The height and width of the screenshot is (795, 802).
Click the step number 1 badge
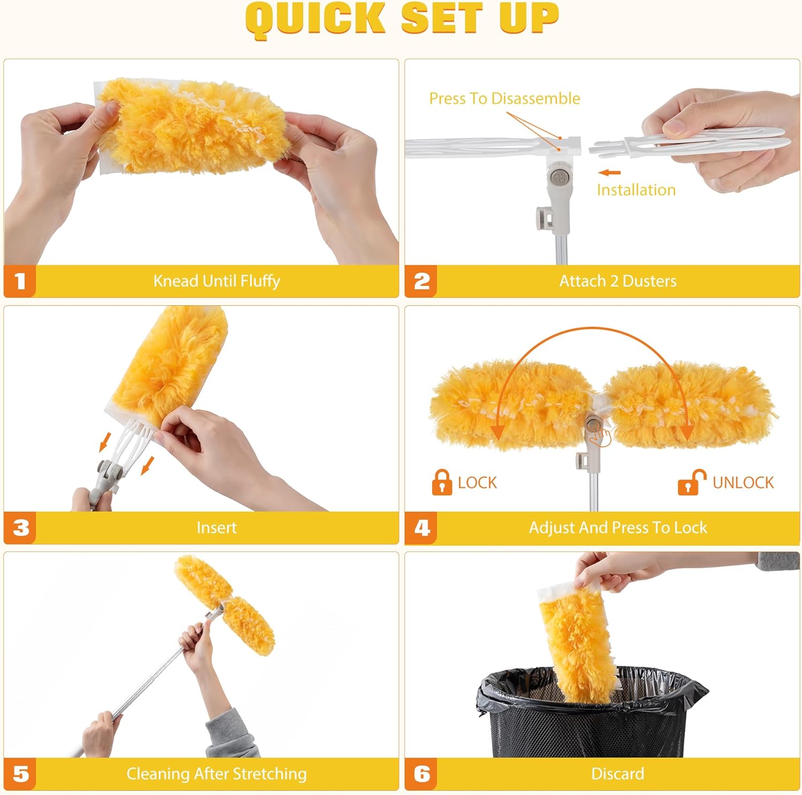point(20,281)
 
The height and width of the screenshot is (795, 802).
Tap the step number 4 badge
point(421,528)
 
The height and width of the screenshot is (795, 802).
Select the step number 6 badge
point(421,774)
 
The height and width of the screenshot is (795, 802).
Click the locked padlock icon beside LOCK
point(442,482)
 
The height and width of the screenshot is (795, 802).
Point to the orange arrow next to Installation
point(610,173)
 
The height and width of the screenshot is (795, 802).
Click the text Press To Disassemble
point(504,98)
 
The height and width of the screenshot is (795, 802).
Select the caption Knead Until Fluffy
point(217,281)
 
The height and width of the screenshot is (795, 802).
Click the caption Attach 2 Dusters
point(618,281)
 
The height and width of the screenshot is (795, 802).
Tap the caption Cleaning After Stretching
point(217,774)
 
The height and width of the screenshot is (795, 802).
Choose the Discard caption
point(618,774)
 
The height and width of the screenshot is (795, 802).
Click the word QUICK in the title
point(315,19)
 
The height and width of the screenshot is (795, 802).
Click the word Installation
point(636,190)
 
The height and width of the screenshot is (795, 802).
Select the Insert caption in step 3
point(217,528)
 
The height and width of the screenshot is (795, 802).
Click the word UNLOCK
point(743,482)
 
